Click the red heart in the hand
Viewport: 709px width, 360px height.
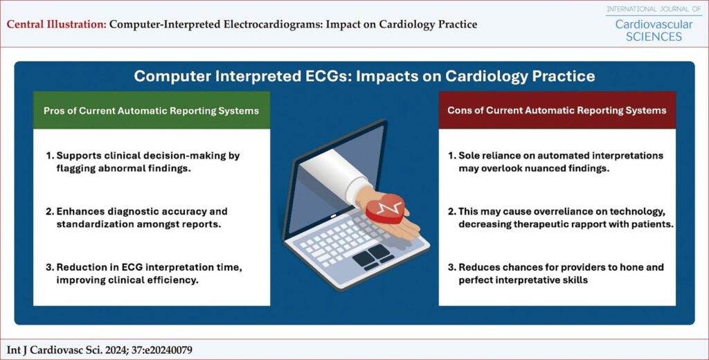(x=385, y=209)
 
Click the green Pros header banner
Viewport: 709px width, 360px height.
(x=152, y=110)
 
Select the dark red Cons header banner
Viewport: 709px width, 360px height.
(x=557, y=110)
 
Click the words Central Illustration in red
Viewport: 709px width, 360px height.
(x=57, y=24)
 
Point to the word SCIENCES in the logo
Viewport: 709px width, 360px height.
(x=654, y=37)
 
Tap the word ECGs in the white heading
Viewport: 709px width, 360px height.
(x=333, y=76)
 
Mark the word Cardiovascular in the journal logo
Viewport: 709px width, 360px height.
(x=654, y=24)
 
